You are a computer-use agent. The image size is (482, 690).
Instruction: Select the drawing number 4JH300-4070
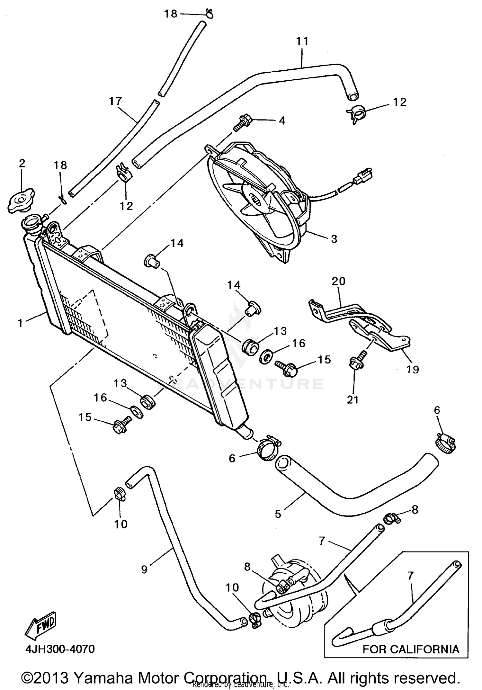tap(60, 649)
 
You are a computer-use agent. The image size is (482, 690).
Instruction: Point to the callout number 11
tap(302, 41)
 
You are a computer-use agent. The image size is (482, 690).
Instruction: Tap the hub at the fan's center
tap(256, 200)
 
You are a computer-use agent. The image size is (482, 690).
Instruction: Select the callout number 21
tap(353, 399)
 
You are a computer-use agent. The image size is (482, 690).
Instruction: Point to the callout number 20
tap(338, 281)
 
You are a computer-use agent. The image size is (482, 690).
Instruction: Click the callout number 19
tap(413, 370)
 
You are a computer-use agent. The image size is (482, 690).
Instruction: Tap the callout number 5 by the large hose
tap(278, 514)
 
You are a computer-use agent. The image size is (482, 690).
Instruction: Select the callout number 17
tap(115, 101)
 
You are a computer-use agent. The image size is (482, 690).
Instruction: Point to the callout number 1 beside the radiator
tap(20, 323)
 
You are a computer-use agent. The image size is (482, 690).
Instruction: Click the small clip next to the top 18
tap(209, 14)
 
